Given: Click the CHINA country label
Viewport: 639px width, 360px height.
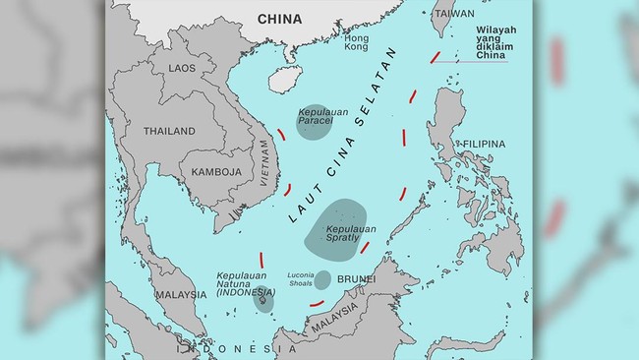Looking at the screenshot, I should (x=279, y=19).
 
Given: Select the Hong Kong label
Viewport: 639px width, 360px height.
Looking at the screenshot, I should (x=357, y=41).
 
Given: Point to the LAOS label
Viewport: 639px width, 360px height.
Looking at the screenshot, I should (x=182, y=68).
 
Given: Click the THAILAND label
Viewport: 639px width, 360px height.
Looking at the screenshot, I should (x=169, y=131).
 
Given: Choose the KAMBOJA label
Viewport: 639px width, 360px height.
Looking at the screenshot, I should (x=216, y=171).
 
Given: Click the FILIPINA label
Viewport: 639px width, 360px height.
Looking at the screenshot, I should (x=484, y=144).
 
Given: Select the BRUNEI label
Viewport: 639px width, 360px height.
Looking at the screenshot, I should (x=356, y=279).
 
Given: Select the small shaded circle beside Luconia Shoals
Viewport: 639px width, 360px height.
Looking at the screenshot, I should (x=322, y=279).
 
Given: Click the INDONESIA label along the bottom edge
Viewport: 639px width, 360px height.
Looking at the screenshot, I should (x=221, y=349).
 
